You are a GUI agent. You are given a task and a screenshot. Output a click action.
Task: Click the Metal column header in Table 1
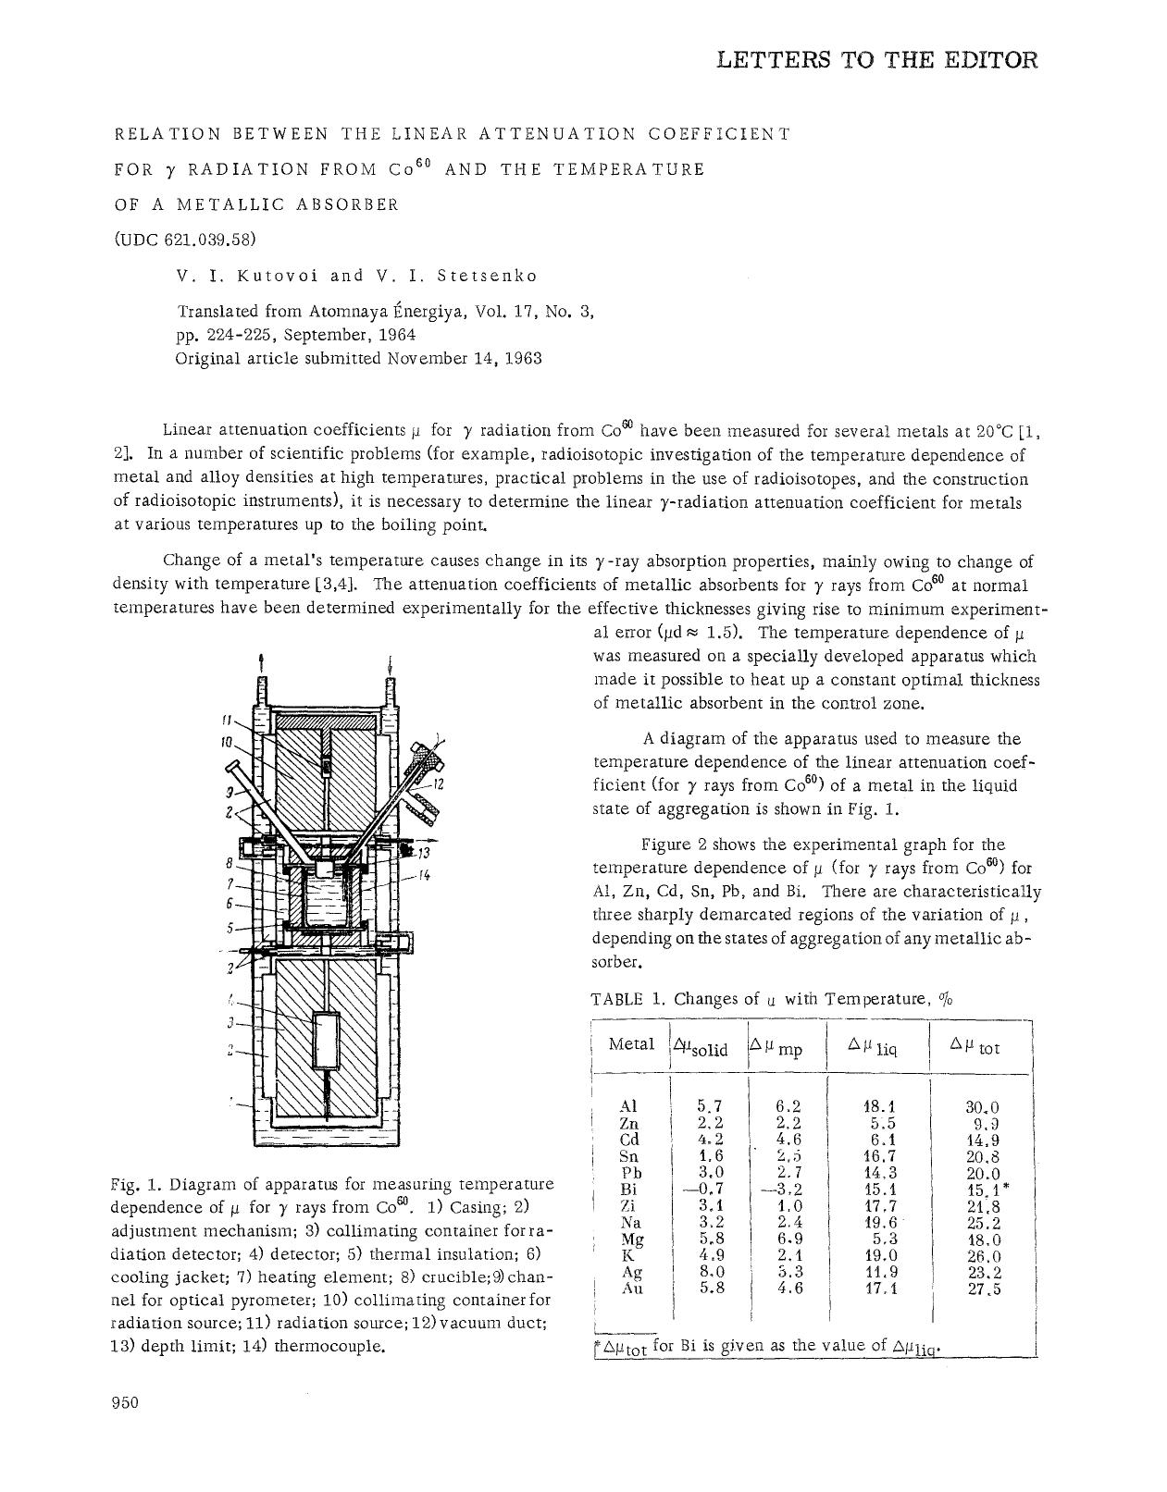(x=631, y=1044)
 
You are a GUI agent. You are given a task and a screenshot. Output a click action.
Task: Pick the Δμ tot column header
(x=975, y=1046)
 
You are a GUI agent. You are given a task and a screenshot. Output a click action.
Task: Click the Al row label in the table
(x=628, y=1106)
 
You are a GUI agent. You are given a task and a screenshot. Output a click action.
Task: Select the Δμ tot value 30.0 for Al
(x=982, y=1107)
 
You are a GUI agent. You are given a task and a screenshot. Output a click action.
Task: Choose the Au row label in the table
(x=631, y=1288)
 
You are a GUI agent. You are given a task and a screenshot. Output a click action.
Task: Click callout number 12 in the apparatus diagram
(x=439, y=784)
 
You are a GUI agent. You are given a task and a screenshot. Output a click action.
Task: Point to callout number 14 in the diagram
(x=424, y=874)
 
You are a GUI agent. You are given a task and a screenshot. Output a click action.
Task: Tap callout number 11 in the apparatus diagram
(x=226, y=719)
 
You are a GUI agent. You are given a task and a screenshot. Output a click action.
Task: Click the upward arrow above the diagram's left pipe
(x=263, y=663)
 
